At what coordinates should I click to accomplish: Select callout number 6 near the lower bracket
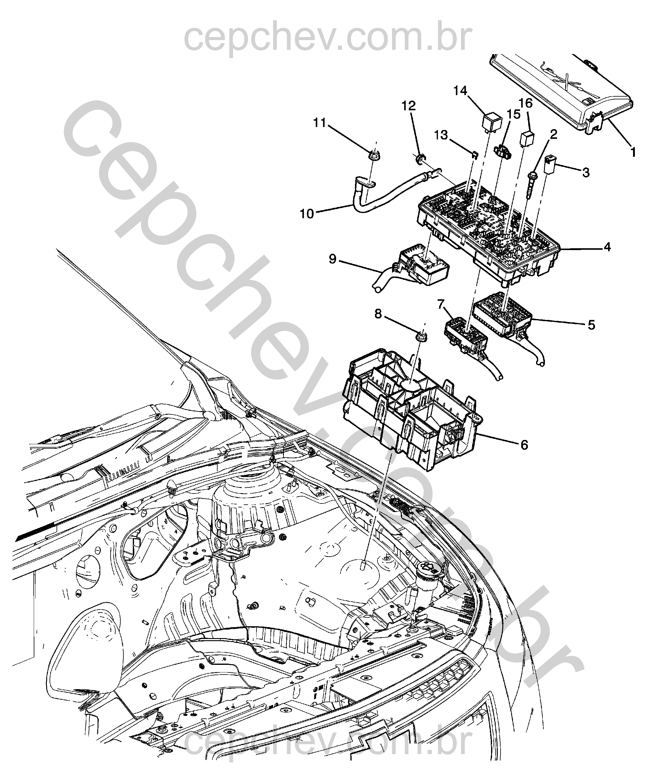point(524,445)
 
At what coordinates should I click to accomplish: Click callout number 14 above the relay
point(461,91)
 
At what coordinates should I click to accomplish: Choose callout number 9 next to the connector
point(332,259)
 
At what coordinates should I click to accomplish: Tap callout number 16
point(526,103)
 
